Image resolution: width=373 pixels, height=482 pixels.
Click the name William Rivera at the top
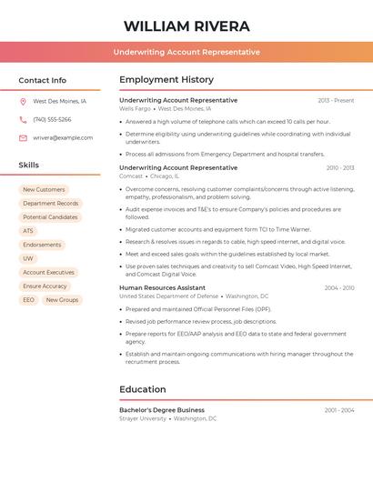186,25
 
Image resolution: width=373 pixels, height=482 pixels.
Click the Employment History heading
166,79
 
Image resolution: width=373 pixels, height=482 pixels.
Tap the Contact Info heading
43,80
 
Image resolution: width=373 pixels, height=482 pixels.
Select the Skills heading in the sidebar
29,165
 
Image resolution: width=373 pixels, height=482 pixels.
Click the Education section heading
143,389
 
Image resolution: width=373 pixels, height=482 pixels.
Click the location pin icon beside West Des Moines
23,102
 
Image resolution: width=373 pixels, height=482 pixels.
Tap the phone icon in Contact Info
23,120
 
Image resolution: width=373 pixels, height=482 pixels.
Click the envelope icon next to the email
23,138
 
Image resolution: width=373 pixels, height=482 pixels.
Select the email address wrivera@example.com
63,138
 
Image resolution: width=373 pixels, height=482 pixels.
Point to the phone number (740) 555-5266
52,120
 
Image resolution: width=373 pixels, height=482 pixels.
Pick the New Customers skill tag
44,189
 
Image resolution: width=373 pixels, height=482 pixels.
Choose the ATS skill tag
28,231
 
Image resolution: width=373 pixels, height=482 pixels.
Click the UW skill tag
28,258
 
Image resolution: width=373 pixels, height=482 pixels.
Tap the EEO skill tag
28,299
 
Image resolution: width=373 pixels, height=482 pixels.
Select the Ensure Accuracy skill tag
45,286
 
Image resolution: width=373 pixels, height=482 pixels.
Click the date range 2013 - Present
336,100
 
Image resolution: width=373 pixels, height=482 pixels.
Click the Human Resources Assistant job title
162,287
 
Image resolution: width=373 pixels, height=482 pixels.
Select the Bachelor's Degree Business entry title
162,410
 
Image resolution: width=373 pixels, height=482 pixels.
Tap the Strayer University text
143,419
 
